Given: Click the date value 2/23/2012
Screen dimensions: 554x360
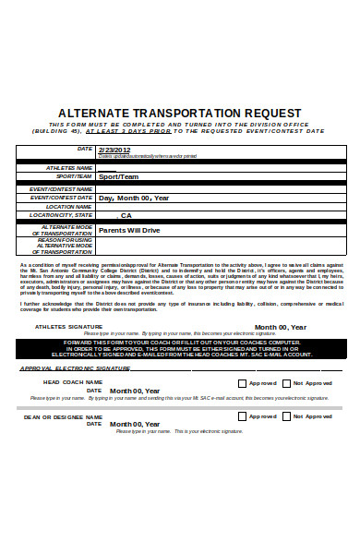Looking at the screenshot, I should (114, 150).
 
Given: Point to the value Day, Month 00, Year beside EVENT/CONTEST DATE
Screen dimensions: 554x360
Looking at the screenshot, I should (134, 198).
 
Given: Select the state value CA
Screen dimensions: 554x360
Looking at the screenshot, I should (126, 215).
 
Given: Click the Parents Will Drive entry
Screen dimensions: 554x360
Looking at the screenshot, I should (129, 230).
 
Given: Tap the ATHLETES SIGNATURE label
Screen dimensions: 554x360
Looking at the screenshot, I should (68, 327).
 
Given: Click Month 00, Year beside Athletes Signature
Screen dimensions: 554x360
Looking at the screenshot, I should (279, 327).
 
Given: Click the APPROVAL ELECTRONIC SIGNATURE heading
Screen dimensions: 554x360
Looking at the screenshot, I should (76, 367).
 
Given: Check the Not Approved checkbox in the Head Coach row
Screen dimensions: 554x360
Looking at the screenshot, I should (286, 382).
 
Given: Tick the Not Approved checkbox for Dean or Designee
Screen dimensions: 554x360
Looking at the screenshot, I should (286, 416).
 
